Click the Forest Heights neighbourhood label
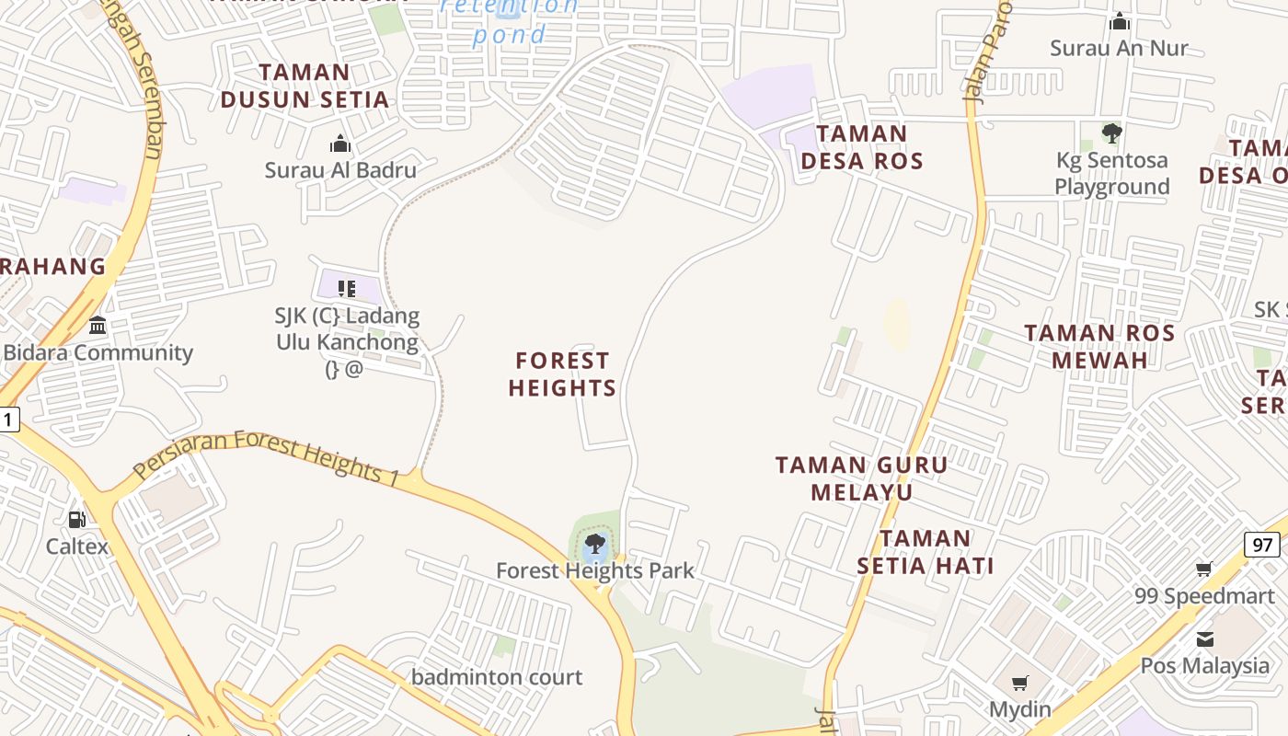coord(562,374)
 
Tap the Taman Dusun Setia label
coord(305,86)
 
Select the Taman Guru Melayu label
coord(861,478)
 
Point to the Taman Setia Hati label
coord(926,552)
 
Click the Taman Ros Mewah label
coord(1099,346)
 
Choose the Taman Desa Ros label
coord(861,147)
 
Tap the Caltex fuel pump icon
coord(77,520)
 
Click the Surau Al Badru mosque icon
coord(340,144)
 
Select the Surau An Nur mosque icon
coord(1120,21)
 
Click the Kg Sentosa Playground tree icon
coord(1111,133)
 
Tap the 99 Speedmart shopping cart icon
coord(1204,569)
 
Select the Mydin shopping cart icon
coord(1019,683)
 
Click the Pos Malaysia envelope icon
coord(1204,638)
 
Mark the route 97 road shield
coord(1263,545)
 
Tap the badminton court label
coord(497,678)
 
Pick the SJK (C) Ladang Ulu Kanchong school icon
coord(347,289)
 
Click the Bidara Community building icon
coord(98,325)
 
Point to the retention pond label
coord(509,20)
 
